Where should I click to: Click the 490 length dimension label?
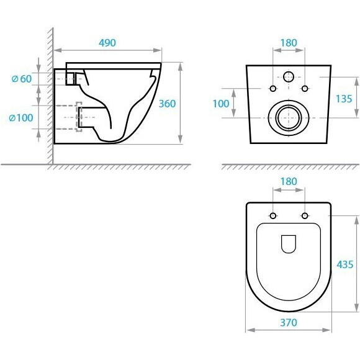pos(107,43)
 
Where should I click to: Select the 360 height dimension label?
pos(167,104)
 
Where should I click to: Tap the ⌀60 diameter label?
pos(22,79)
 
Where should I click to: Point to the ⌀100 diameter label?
pos(21,118)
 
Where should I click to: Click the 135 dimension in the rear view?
pos(344,99)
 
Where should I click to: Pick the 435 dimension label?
pos(345,264)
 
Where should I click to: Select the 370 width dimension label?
pos(289,323)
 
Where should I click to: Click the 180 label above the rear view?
pos(289,43)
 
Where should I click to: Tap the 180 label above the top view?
pos(289,182)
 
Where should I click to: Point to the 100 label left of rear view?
pos(221,104)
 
